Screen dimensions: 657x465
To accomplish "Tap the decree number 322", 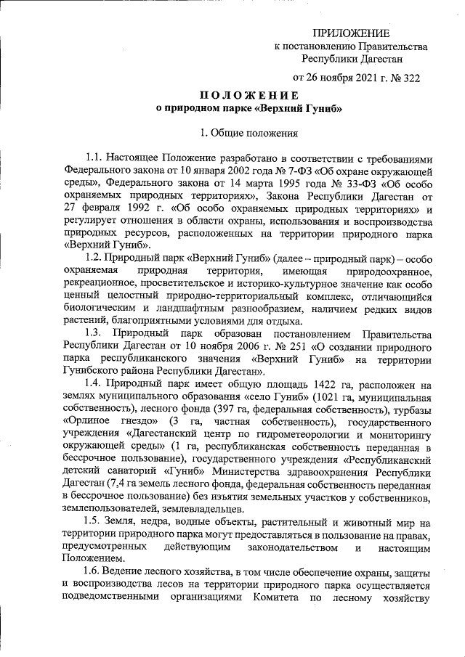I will (x=411, y=76).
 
